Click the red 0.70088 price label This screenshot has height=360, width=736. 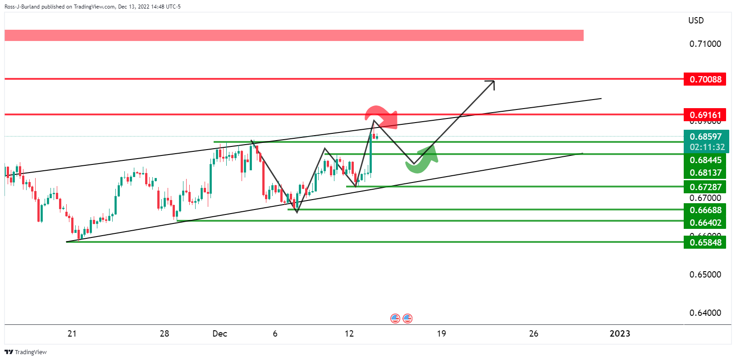click(x=705, y=79)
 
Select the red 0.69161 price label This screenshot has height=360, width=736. click(x=705, y=115)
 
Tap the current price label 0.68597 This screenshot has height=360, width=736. click(x=705, y=137)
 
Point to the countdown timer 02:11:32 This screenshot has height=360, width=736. click(x=707, y=147)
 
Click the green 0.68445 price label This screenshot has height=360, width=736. click(x=705, y=160)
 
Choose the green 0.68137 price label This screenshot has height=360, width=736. click(x=705, y=173)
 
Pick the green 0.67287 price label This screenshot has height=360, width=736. click(x=705, y=187)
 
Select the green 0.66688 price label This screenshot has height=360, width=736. click(x=705, y=210)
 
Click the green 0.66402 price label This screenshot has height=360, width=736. click(x=705, y=223)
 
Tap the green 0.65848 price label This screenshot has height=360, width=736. click(x=705, y=242)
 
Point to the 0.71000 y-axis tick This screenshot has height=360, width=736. click(x=705, y=44)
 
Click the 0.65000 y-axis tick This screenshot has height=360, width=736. click(x=705, y=274)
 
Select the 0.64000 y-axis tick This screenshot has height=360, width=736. click(x=705, y=313)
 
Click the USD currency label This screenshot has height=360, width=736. click(x=695, y=20)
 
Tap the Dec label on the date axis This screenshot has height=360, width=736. click(x=219, y=333)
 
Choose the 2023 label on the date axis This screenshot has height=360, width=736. click(x=620, y=333)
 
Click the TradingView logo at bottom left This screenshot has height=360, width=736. click(x=26, y=352)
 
